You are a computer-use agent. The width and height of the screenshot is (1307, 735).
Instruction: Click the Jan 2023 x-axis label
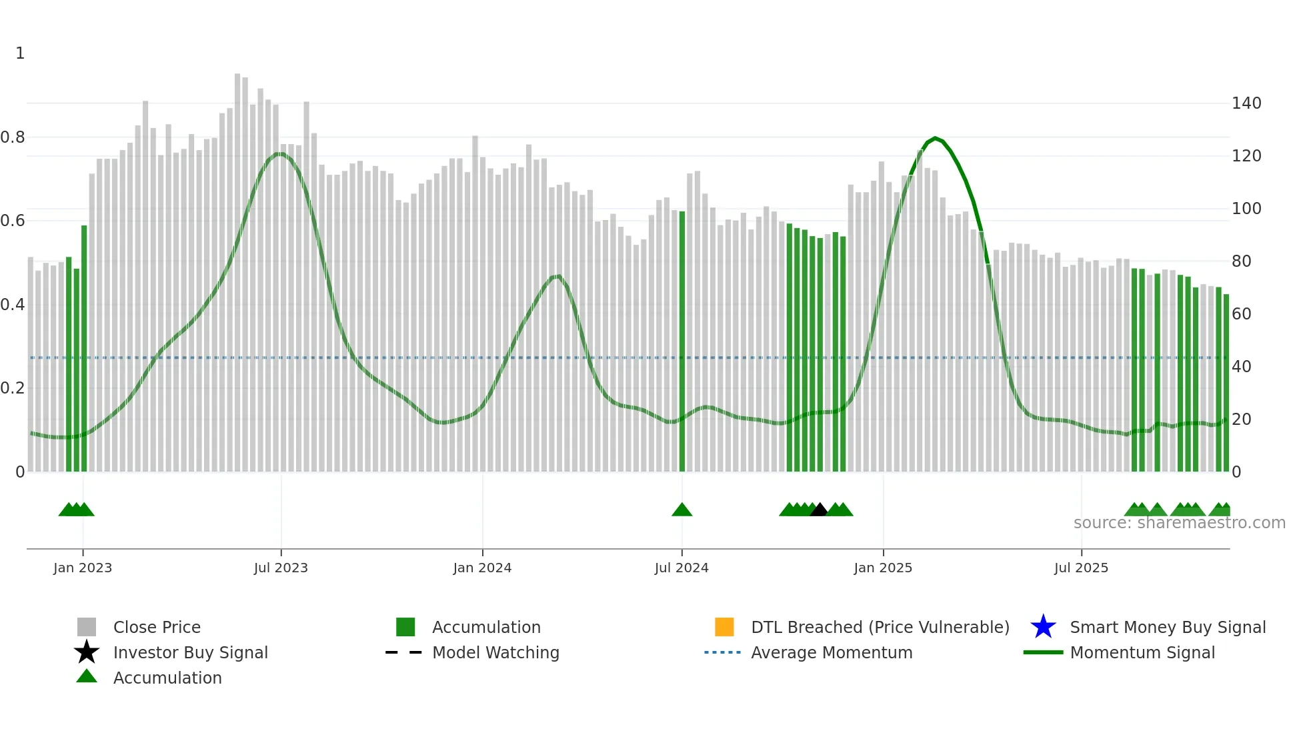click(x=83, y=568)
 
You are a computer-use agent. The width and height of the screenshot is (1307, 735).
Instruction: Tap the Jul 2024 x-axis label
click(x=682, y=568)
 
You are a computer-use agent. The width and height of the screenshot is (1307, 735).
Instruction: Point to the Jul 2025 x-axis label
click(x=1081, y=568)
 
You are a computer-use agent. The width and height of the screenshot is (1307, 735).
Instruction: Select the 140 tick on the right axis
click(x=1246, y=103)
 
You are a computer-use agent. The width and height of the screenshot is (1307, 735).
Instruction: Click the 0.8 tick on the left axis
click(x=13, y=137)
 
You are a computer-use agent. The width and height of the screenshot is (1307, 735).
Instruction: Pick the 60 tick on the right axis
click(x=1241, y=313)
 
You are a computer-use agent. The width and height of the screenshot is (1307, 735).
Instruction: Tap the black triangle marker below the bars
click(x=819, y=510)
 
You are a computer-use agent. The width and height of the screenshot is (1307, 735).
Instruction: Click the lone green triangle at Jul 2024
click(x=682, y=510)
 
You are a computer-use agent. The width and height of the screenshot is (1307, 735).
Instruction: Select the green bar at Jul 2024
click(x=682, y=340)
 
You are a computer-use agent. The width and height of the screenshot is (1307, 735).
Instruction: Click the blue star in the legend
click(x=1043, y=627)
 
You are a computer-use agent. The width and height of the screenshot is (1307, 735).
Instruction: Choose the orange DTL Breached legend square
click(x=724, y=627)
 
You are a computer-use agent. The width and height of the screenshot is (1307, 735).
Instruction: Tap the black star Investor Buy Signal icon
click(x=87, y=652)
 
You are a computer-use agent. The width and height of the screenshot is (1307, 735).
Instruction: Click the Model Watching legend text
click(x=495, y=652)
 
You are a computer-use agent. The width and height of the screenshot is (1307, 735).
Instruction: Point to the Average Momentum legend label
click(x=832, y=652)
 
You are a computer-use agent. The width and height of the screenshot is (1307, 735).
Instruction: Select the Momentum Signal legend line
click(x=1043, y=652)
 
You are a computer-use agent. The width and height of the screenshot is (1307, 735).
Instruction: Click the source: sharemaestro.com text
click(x=1179, y=523)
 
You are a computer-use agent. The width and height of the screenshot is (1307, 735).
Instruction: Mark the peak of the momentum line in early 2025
click(x=935, y=138)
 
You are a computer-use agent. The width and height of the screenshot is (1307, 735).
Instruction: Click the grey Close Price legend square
click(x=87, y=627)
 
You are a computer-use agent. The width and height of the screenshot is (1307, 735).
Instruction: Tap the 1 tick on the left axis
click(x=20, y=53)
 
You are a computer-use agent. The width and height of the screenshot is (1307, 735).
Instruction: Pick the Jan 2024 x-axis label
click(x=482, y=568)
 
